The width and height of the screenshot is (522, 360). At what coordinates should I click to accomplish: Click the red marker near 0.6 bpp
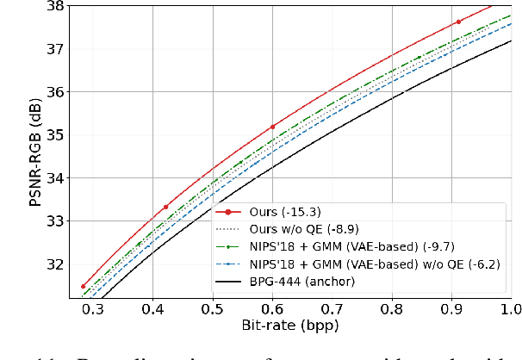point(272,127)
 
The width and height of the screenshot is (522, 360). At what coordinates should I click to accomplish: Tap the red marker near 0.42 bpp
point(165,207)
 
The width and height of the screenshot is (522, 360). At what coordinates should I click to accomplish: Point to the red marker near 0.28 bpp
point(83,286)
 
